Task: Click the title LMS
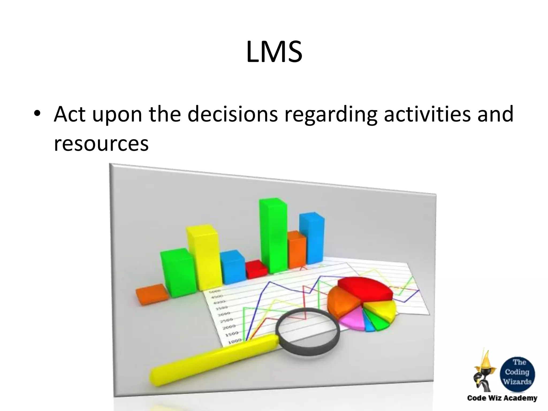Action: click(x=274, y=52)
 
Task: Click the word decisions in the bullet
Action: click(x=232, y=114)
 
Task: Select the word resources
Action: click(x=101, y=144)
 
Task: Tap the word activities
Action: click(x=427, y=114)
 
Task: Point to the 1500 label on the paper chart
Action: click(x=232, y=334)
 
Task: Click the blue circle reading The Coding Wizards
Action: click(x=517, y=372)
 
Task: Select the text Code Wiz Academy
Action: click(x=502, y=398)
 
